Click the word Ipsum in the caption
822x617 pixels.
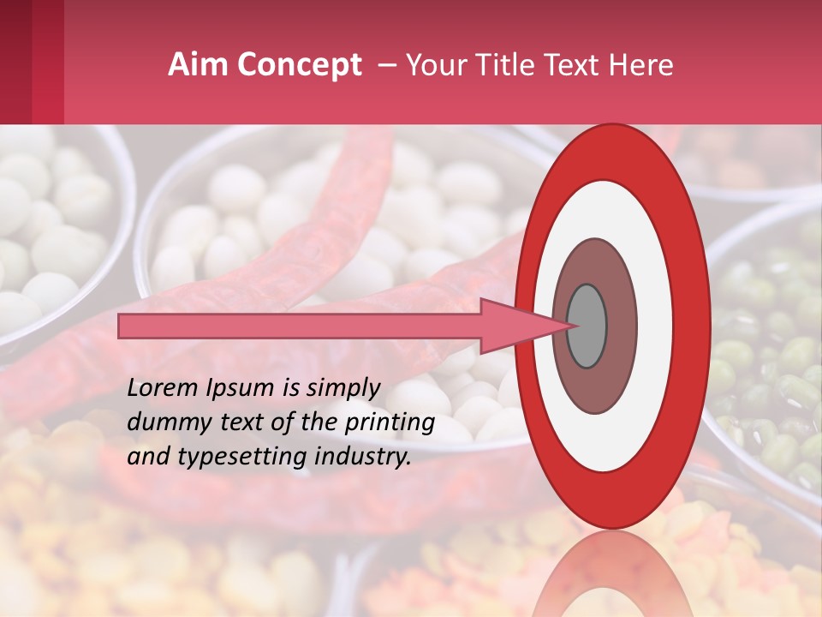(x=244, y=387)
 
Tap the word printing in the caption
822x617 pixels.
(x=389, y=422)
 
